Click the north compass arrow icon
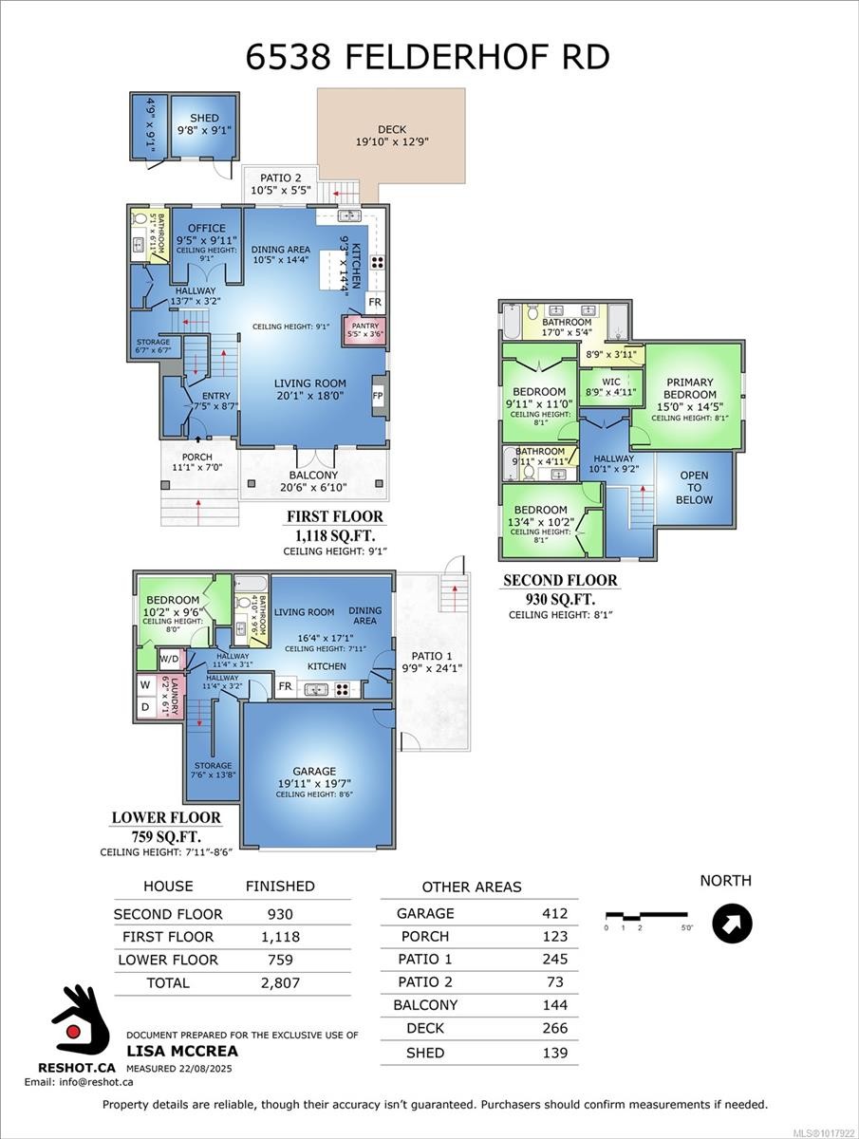pos(732,923)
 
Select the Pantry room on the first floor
pos(364,329)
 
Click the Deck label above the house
pos(391,130)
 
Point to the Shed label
pos(204,119)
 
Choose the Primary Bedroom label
pos(690,388)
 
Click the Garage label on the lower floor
pos(314,772)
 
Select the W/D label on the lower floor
pos(169,659)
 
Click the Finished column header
pos(280,886)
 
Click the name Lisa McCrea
pos(182,1051)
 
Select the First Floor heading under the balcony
pos(335,517)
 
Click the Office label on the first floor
pos(206,228)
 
